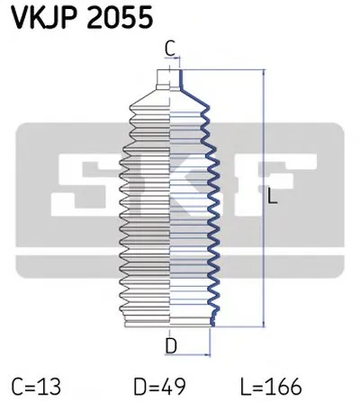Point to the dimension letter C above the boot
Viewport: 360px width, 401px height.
(171, 47)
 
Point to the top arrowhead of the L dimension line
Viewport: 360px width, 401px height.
(263, 73)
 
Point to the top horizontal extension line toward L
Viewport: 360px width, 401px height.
(225, 69)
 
